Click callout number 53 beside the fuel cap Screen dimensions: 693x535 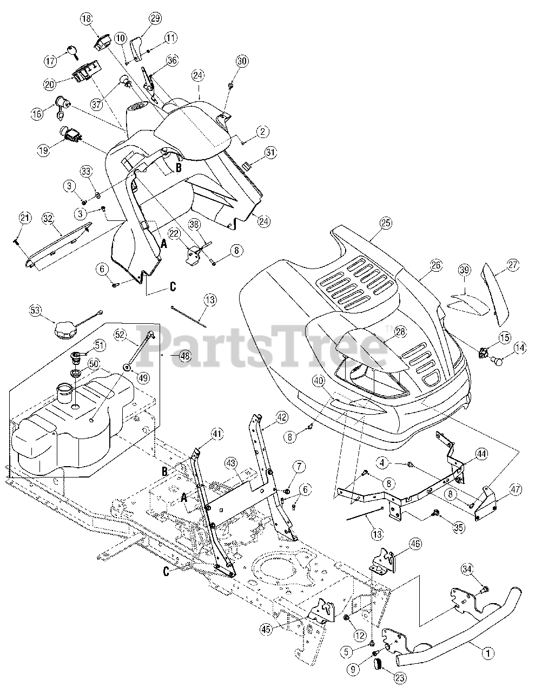pos(35,310)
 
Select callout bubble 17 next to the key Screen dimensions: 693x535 pos(50,61)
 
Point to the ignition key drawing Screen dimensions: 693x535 pos(70,52)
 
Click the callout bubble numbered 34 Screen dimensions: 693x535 pos(468,568)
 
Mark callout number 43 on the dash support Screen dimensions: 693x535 pos(230,463)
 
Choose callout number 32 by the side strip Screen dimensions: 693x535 pos(48,218)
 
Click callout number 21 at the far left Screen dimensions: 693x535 pos(24,218)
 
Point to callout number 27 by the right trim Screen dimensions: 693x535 pos(513,265)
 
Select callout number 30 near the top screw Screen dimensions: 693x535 pos(241,62)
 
